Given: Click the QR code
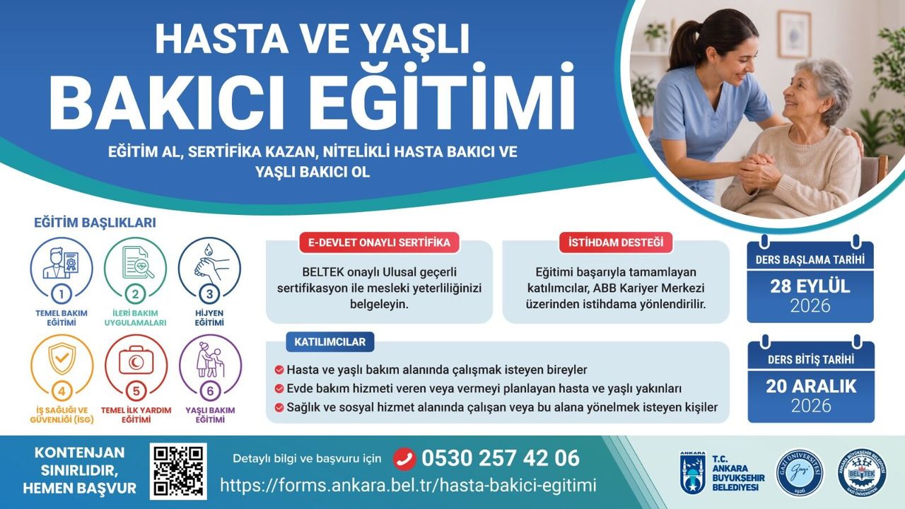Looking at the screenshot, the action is [178, 471].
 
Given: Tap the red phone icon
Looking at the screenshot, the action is [404, 459].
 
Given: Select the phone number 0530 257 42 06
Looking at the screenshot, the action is [501, 458].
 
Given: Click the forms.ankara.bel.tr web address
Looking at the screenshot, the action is [408, 485].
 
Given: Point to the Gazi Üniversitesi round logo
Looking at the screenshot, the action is [800, 472].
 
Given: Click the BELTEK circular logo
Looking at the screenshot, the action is [862, 472].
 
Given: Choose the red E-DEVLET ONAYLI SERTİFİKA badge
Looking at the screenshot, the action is [379, 242].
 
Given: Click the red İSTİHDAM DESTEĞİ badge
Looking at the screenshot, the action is [616, 242].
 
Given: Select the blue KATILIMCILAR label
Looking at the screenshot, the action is [329, 341].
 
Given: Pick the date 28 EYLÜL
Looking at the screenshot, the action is [810, 286].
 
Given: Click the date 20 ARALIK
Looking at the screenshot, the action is [811, 386].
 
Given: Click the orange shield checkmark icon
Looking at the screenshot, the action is [62, 358].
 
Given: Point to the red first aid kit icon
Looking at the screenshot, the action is [136, 361].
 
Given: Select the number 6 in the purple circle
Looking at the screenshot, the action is [210, 391].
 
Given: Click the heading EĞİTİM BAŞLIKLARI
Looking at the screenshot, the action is [95, 223].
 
